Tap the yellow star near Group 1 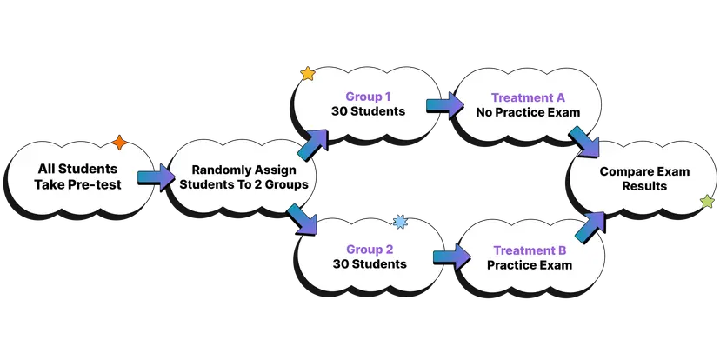pyautogui.click(x=308, y=74)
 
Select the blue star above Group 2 pyautogui.click(x=400, y=222)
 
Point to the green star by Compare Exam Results pyautogui.click(x=708, y=202)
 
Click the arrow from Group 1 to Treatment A pyautogui.click(x=444, y=106)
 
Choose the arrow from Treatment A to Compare pyautogui.click(x=583, y=142)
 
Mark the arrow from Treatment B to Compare pyautogui.click(x=590, y=223)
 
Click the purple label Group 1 pyautogui.click(x=368, y=97)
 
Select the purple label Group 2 pyautogui.click(x=369, y=248)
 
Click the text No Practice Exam pyautogui.click(x=528, y=112)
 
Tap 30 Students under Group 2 pyautogui.click(x=369, y=263)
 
